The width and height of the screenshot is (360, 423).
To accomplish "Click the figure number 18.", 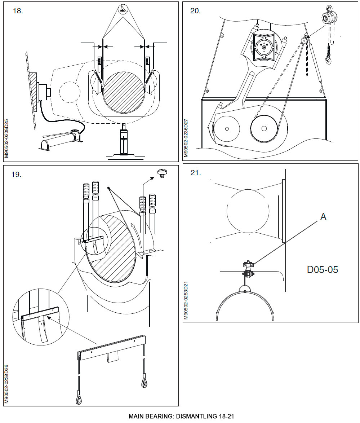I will [x=18, y=11].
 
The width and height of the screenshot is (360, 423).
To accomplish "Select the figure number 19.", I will [x=17, y=175].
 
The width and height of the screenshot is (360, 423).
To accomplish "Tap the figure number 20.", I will [x=195, y=11].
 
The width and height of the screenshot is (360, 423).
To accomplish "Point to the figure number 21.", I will [x=195, y=173].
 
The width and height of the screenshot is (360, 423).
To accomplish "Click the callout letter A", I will [x=323, y=217].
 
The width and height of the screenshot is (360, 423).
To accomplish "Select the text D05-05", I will [x=322, y=269].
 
